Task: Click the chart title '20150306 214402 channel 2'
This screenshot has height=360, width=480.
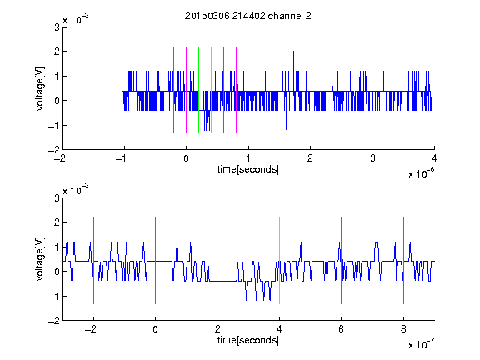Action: tap(248, 16)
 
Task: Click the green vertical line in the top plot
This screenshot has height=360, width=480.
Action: tap(198, 90)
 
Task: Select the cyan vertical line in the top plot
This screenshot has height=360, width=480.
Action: tap(211, 90)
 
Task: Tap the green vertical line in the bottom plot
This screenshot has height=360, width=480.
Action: tap(217, 261)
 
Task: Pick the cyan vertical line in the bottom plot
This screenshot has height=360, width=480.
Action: tap(279, 261)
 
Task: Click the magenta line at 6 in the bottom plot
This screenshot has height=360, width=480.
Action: tap(342, 261)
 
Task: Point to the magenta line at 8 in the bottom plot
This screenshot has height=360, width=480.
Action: tap(404, 261)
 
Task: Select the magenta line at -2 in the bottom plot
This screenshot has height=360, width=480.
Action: tap(93, 261)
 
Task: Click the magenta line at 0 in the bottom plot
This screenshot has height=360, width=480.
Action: tap(156, 261)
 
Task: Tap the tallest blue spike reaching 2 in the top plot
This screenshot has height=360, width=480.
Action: tap(293, 71)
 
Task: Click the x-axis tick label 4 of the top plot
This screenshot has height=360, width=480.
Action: tap(434, 158)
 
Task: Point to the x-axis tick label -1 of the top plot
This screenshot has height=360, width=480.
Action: tap(122, 158)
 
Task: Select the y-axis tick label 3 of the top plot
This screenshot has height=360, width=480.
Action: tap(57, 27)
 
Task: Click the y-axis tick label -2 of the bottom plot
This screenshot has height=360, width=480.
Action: tap(54, 321)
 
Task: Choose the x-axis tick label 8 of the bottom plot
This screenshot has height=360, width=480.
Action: tap(403, 329)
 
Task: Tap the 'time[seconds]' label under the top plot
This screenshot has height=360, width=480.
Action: tap(248, 169)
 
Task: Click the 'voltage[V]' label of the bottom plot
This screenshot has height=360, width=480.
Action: tap(40, 258)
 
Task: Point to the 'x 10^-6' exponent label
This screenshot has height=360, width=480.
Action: tap(421, 173)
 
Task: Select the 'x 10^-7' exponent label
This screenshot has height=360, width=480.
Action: tap(421, 344)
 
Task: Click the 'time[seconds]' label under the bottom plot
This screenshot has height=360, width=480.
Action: tap(248, 340)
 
